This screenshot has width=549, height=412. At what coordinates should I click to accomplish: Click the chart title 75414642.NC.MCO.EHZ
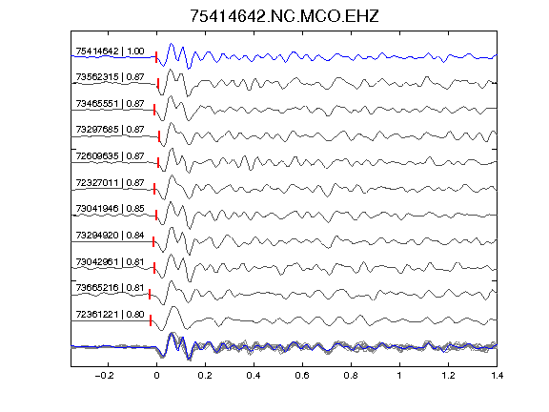[x=284, y=16]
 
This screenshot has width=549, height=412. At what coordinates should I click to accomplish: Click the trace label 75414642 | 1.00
[x=110, y=51]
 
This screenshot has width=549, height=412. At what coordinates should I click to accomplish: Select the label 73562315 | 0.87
[x=110, y=77]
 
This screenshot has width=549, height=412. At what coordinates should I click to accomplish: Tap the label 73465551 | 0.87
[x=110, y=104]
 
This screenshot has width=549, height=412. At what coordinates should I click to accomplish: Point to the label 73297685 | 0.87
[x=110, y=130]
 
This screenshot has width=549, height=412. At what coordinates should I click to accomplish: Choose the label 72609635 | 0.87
[x=110, y=155]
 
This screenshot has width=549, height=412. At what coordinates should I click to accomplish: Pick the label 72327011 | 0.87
[x=110, y=183]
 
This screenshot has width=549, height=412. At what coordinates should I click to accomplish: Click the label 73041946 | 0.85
[x=110, y=209]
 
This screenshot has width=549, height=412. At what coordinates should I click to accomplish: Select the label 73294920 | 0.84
[x=110, y=235]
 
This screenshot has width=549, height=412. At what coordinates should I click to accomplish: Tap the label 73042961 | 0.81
[x=110, y=262]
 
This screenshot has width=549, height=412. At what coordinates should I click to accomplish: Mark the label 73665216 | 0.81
[x=110, y=288]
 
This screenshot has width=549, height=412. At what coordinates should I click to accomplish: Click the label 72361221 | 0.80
[x=110, y=315]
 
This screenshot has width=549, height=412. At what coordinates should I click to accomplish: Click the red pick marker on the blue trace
[x=156, y=57]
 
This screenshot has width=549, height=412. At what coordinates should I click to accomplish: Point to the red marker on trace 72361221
[x=151, y=320]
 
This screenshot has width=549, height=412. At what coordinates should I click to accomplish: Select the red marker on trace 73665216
[x=150, y=295]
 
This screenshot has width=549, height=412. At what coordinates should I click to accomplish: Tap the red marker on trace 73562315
[x=158, y=83]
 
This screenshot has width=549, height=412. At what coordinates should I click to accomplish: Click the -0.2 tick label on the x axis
[x=105, y=376]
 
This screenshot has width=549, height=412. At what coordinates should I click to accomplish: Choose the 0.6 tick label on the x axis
[x=302, y=376]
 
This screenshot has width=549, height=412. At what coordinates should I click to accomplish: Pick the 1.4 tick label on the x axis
[x=497, y=376]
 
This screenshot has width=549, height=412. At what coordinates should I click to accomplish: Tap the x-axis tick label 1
[x=399, y=376]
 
